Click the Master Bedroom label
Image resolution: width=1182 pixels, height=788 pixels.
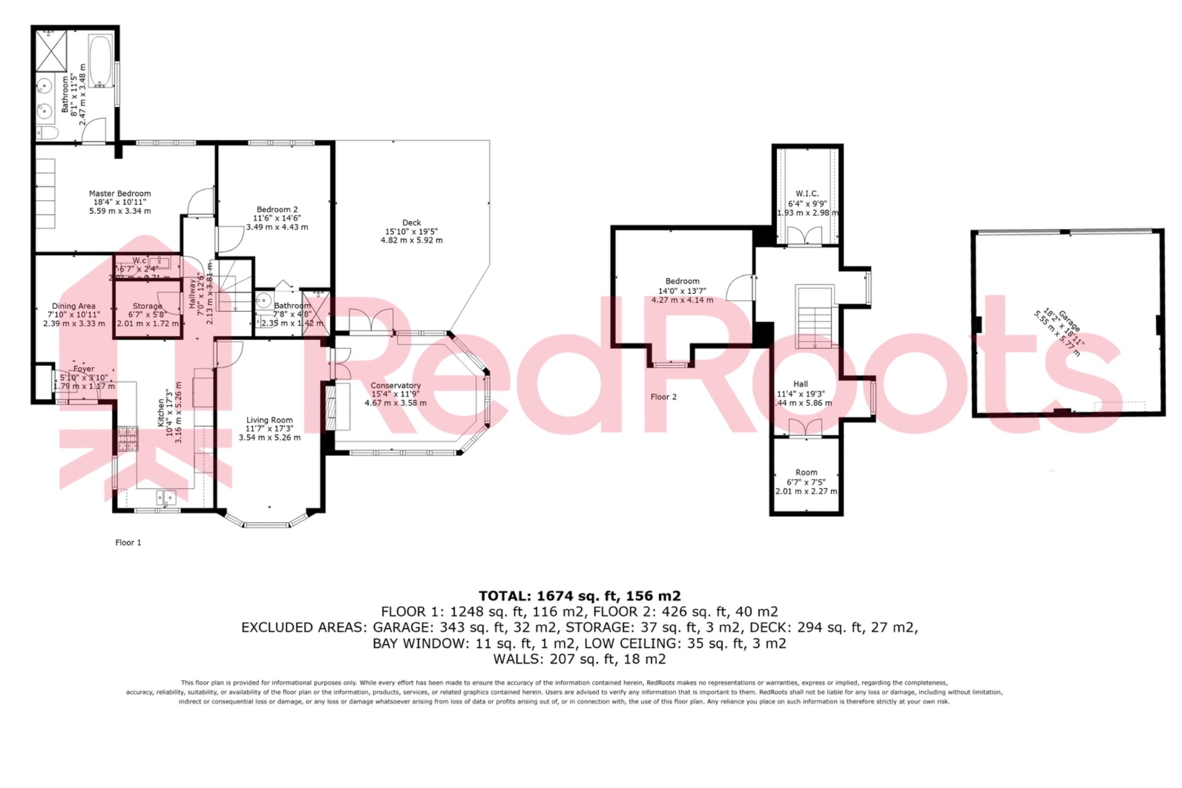coord(120,194)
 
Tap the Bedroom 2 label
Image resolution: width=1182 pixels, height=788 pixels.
coord(277,210)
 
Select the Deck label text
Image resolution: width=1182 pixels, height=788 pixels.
coord(412,223)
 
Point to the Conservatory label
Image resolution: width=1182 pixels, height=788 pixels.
coord(395,386)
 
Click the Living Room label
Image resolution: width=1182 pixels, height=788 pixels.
coord(270,420)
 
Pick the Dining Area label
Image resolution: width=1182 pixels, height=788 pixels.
coord(74,307)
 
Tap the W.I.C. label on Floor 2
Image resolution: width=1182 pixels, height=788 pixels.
coord(807,194)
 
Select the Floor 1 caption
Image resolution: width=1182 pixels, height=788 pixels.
coord(128,543)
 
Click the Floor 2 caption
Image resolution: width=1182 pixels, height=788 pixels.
coord(663,397)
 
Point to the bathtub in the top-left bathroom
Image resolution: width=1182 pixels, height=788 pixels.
coord(102,61)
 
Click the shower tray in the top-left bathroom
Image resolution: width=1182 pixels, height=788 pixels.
coord(51,50)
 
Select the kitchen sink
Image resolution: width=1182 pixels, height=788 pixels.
coord(166,498)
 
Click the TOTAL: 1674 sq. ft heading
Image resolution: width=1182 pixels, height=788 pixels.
coord(579,596)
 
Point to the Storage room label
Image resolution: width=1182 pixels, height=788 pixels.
coord(147,307)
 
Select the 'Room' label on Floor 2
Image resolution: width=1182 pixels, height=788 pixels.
coord(806,472)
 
